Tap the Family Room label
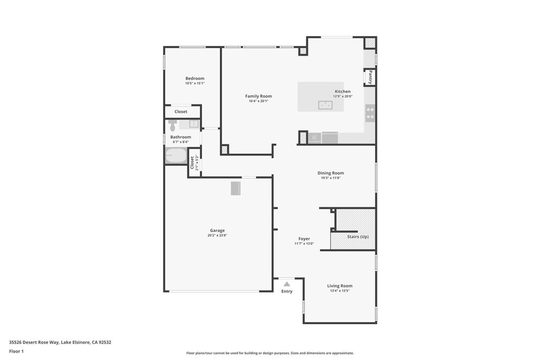pyautogui.click(x=258, y=96)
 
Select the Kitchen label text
pyautogui.click(x=342, y=92)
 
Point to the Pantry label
pyautogui.click(x=370, y=77)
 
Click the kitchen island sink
pyautogui.click(x=325, y=105)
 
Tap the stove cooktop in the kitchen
pyautogui.click(x=370, y=113)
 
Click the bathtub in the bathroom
pyautogui.click(x=176, y=156)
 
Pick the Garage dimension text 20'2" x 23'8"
pyautogui.click(x=217, y=236)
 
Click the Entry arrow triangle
pyautogui.click(x=287, y=284)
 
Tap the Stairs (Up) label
pyautogui.click(x=358, y=237)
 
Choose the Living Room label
pyautogui.click(x=340, y=286)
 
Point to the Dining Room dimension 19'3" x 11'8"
pyautogui.click(x=331, y=178)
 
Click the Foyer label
pyautogui.click(x=304, y=239)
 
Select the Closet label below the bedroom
pyautogui.click(x=181, y=112)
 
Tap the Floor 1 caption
pyautogui.click(x=17, y=351)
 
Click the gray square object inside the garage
pyautogui.click(x=235, y=188)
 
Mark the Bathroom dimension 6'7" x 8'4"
pyautogui.click(x=180, y=142)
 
